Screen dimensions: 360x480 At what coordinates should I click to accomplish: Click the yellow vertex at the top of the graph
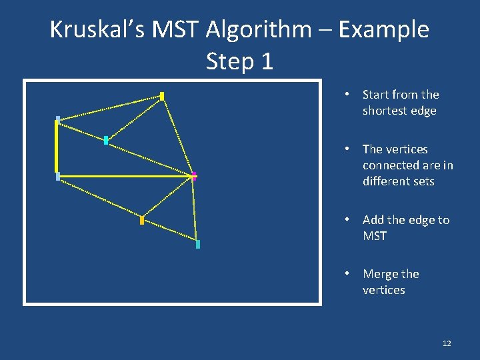click(x=162, y=96)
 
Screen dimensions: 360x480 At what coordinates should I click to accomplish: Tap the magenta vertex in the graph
click(x=194, y=176)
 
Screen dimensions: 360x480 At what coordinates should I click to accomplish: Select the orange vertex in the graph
click(x=142, y=220)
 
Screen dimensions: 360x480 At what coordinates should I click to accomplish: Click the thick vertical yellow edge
click(x=57, y=147)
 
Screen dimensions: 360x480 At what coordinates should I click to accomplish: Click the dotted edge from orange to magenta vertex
click(x=168, y=198)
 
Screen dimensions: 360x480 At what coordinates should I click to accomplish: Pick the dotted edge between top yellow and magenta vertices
click(x=178, y=136)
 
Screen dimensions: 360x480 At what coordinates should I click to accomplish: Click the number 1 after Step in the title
click(x=266, y=61)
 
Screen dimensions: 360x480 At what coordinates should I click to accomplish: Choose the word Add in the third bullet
click(x=373, y=220)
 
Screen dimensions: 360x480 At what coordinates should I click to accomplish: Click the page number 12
click(x=447, y=343)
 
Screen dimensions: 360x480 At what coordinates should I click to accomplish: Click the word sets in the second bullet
click(x=424, y=181)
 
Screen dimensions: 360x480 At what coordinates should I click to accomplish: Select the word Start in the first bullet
click(x=376, y=95)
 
